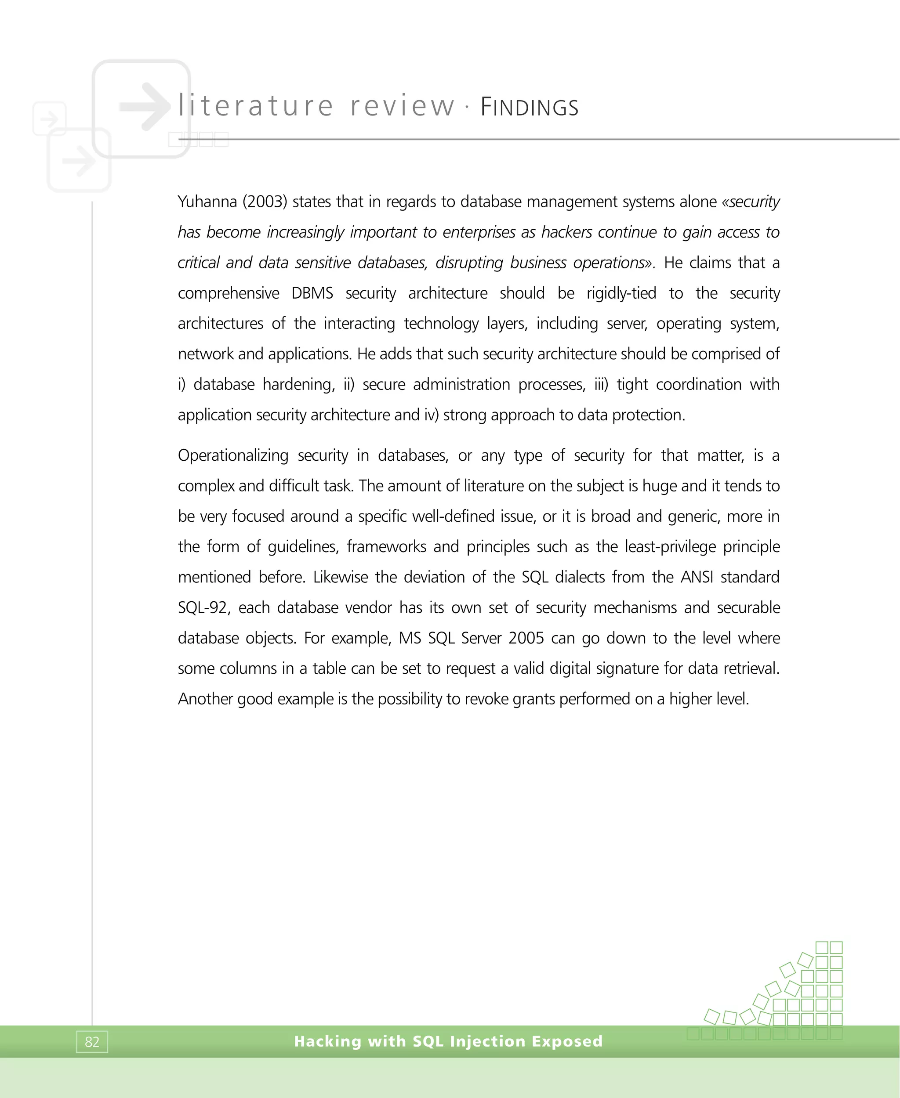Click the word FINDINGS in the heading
click(x=529, y=107)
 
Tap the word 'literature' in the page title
click(x=256, y=106)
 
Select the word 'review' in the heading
click(x=402, y=106)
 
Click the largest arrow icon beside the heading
click(x=145, y=106)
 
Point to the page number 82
click(x=92, y=1041)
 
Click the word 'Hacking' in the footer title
click(x=328, y=1041)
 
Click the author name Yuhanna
click(x=207, y=201)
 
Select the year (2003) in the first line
click(x=265, y=201)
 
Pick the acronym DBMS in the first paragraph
click(x=312, y=293)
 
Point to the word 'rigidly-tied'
click(x=621, y=293)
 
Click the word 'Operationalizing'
click(x=233, y=455)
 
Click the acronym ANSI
click(x=697, y=577)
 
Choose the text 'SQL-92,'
click(x=204, y=607)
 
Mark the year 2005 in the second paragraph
click(x=526, y=638)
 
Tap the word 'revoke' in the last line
click(x=486, y=699)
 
